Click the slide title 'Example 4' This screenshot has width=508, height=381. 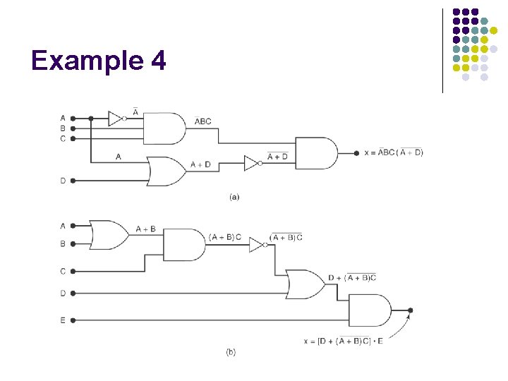tap(99, 61)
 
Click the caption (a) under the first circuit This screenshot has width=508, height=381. tap(234, 198)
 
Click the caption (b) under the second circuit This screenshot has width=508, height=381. tap(231, 351)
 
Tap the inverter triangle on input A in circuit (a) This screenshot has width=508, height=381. tap(116, 119)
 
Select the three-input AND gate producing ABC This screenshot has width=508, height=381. tap(164, 128)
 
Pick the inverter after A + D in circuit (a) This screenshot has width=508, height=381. tap(252, 163)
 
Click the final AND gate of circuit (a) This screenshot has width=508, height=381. tap(315, 153)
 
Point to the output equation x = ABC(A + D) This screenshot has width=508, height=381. tap(394, 153)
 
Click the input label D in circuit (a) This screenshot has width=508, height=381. tap(63, 181)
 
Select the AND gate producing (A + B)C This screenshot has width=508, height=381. tap(183, 245)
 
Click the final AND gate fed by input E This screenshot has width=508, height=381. tap(369, 310)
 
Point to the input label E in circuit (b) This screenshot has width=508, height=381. tap(63, 320)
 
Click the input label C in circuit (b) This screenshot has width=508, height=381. tap(63, 271)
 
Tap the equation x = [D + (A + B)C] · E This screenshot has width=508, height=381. tap(344, 341)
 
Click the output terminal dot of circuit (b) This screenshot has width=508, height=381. tap(411, 310)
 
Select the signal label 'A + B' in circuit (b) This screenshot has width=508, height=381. tap(146, 229)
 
